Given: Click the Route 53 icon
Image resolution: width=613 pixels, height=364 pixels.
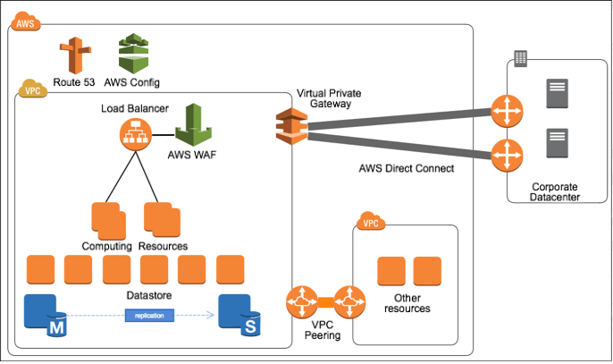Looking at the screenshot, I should [74, 55].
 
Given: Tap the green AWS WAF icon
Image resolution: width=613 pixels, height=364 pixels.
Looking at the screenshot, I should [192, 126].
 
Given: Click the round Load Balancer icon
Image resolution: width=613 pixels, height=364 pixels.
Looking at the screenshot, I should [134, 136].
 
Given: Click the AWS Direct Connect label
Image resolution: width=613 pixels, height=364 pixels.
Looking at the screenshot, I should [406, 168].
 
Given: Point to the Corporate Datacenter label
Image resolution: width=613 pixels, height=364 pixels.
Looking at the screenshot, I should [555, 191].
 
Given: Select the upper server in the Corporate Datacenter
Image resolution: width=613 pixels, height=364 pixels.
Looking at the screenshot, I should [558, 94].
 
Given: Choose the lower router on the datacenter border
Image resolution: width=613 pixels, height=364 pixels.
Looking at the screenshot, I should [507, 154].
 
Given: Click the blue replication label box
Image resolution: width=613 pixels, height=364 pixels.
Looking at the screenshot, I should [149, 315].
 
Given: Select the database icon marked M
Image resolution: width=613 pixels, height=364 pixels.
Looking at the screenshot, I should [41, 312].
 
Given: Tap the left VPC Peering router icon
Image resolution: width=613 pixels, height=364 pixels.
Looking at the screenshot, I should [302, 301].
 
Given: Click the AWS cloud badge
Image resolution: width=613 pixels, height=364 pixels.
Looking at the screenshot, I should [26, 23].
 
